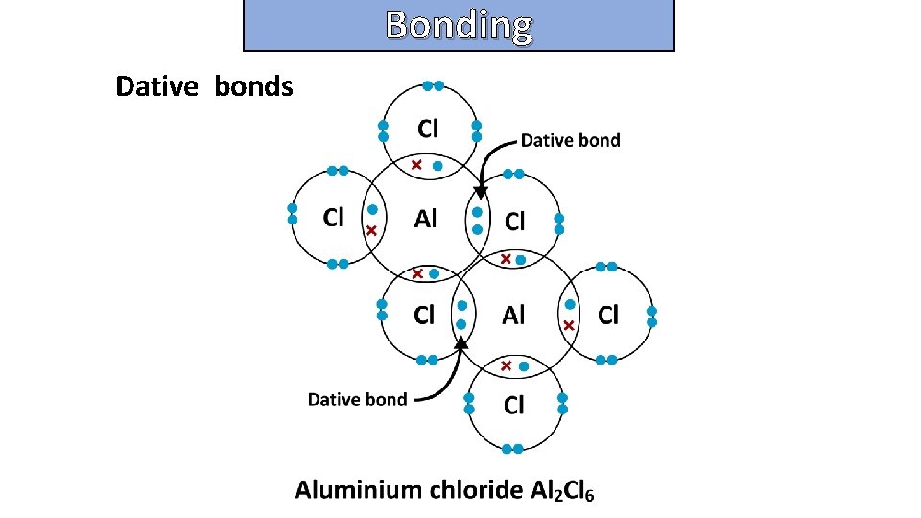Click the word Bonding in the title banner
click(x=459, y=25)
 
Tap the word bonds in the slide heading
click(x=253, y=86)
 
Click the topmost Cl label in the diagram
click(x=428, y=128)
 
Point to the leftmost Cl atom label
click(x=334, y=218)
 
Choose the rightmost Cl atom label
click(x=608, y=315)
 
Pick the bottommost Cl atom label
click(x=514, y=406)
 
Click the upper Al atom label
click(x=425, y=219)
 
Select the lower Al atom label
click(x=514, y=315)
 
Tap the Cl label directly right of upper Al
click(x=515, y=222)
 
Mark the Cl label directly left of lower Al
click(x=424, y=315)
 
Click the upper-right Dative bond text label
click(x=570, y=140)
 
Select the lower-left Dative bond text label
click(x=357, y=399)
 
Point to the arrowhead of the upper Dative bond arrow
click(x=482, y=192)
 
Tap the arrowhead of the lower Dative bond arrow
click(x=461, y=341)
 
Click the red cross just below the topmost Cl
click(x=416, y=166)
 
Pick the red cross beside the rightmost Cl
click(x=569, y=326)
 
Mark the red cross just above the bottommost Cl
click(x=506, y=365)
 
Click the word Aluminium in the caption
click(x=358, y=490)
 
